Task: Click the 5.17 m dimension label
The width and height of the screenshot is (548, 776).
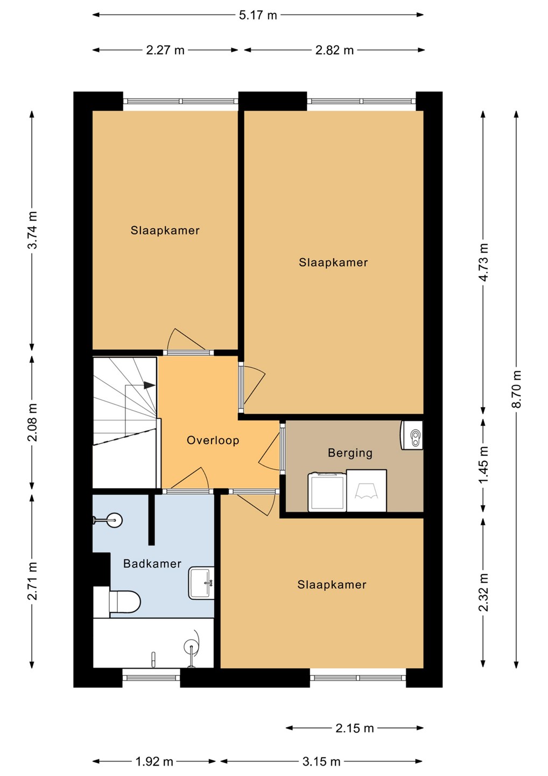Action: click(x=258, y=15)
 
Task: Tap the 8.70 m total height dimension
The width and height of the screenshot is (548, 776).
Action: click(x=517, y=389)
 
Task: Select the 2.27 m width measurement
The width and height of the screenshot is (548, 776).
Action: click(x=165, y=51)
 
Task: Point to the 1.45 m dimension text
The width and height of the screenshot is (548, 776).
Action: click(x=483, y=464)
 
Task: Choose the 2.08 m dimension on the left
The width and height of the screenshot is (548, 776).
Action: click(x=32, y=422)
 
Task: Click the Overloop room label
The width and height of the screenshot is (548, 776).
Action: click(x=213, y=440)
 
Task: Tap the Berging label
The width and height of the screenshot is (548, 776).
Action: click(x=350, y=453)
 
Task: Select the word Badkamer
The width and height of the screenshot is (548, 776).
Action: click(x=152, y=564)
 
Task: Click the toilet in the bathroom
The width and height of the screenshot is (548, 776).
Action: click(x=118, y=602)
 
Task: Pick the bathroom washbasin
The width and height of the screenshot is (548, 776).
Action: click(x=201, y=583)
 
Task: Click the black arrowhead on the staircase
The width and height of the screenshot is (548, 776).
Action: click(x=150, y=385)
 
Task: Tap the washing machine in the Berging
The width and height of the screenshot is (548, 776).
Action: click(x=327, y=492)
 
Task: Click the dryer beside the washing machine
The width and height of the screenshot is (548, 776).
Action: click(x=367, y=490)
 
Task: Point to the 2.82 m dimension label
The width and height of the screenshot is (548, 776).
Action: click(x=334, y=51)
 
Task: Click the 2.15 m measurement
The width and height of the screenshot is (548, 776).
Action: click(x=355, y=728)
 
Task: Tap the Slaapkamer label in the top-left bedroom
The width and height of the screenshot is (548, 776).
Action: click(x=165, y=231)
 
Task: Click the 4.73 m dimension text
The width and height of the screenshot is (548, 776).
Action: click(x=483, y=262)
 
